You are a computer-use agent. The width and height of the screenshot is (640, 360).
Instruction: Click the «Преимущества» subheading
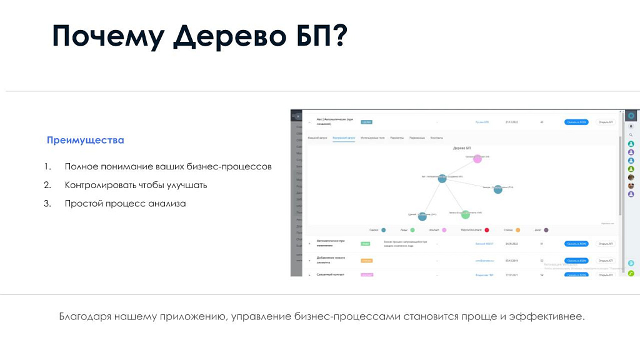(x=86, y=140)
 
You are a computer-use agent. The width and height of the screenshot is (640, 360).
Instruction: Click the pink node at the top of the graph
(x=477, y=159)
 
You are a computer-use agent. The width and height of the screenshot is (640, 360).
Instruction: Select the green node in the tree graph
(x=465, y=215)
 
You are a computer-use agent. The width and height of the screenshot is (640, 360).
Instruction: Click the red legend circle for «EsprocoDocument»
(x=487, y=230)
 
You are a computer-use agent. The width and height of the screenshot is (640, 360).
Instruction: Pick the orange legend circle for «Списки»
(x=518, y=230)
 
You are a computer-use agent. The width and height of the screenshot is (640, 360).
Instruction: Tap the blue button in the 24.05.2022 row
(x=576, y=244)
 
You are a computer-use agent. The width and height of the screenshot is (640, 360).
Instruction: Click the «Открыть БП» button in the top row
(x=604, y=122)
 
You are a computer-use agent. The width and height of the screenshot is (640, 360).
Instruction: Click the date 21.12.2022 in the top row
(x=513, y=122)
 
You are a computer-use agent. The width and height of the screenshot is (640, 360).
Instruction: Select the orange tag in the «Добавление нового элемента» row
(x=367, y=261)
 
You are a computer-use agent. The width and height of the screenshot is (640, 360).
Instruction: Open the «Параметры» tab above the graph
(x=397, y=137)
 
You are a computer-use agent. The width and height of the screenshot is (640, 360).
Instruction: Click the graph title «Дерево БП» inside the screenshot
(x=461, y=148)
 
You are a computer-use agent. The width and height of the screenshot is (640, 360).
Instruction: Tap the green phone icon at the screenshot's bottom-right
(x=631, y=273)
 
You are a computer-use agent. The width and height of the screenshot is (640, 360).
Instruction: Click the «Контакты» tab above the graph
(x=437, y=137)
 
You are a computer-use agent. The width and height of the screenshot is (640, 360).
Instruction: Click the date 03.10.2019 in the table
(x=513, y=261)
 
